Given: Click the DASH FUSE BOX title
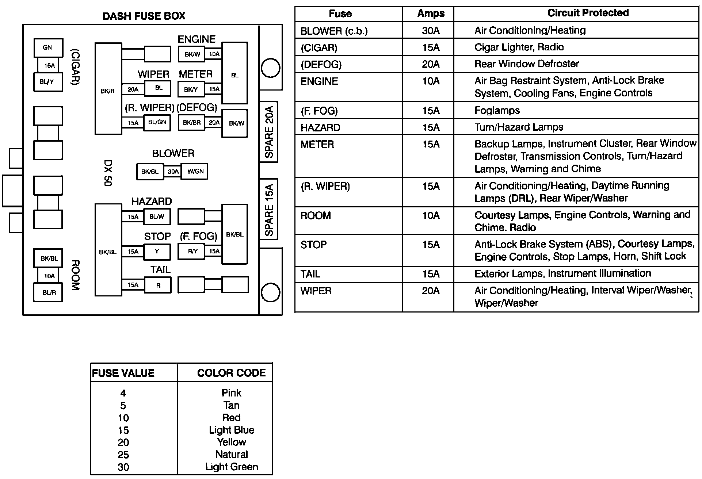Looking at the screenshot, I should [x=144, y=16].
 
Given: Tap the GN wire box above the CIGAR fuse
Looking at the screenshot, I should [x=48, y=47].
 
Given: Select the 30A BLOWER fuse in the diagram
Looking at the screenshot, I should [x=173, y=172].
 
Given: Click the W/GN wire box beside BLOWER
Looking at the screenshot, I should [x=195, y=171].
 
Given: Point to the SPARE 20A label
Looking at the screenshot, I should [x=268, y=132].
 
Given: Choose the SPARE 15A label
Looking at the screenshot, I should [x=268, y=210].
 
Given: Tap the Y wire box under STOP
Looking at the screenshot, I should [x=157, y=251].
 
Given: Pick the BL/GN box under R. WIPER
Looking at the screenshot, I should [x=157, y=122].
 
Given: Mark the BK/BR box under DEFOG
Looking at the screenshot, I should [x=192, y=123].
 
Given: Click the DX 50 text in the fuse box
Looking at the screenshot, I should [x=108, y=173].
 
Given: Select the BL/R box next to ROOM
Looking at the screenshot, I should [x=48, y=293].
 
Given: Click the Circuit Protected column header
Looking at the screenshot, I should [x=588, y=13].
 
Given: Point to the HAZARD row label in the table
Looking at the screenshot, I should [x=320, y=127].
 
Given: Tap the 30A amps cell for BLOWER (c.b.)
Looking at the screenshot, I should [x=431, y=31].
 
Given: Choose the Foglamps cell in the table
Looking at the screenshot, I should [x=497, y=110].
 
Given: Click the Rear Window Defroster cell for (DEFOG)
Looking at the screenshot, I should [x=526, y=64].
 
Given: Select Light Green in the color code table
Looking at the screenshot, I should [x=232, y=467].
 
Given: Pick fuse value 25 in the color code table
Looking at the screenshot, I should [x=123, y=455].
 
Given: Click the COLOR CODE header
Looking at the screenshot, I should [x=231, y=373].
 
